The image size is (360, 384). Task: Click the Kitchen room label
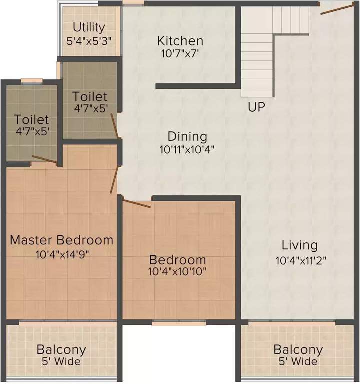pos(180,41)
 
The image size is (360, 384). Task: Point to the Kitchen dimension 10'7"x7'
pos(180,53)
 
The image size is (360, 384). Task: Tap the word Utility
pos(89,27)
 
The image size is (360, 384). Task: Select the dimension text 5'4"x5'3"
pos(89,39)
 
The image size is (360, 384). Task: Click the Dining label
pos(187,136)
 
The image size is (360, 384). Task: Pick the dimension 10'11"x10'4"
pos(187,148)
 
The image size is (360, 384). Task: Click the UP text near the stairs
pos(256,107)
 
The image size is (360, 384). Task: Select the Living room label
pos(299,245)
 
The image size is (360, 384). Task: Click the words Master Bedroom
pos(62,240)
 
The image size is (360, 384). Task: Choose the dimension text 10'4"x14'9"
pos(62,254)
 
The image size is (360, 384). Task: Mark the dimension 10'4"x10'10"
pos(178,272)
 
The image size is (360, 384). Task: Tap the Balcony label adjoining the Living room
pos(298,349)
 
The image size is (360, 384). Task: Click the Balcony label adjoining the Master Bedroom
pos(62,349)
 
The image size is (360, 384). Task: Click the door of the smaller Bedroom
pos(136,203)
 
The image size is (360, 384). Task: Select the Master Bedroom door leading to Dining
pos(115,178)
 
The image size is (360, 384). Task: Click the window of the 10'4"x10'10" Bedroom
pos(178,323)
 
